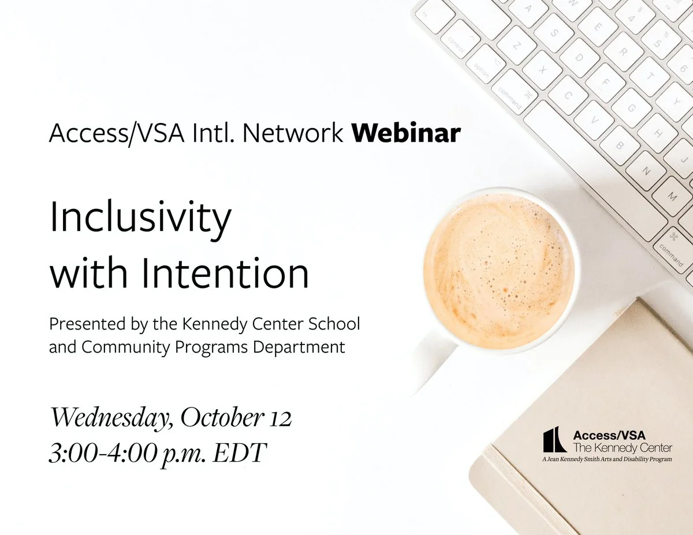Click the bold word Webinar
(406, 132)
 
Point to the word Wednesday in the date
(112, 418)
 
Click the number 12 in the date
(280, 418)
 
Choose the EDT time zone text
(240, 453)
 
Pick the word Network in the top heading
(292, 132)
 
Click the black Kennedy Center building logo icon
(554, 439)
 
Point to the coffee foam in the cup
(499, 271)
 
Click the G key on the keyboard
(631, 108)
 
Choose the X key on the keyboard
(542, 70)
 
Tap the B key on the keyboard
(619, 145)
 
